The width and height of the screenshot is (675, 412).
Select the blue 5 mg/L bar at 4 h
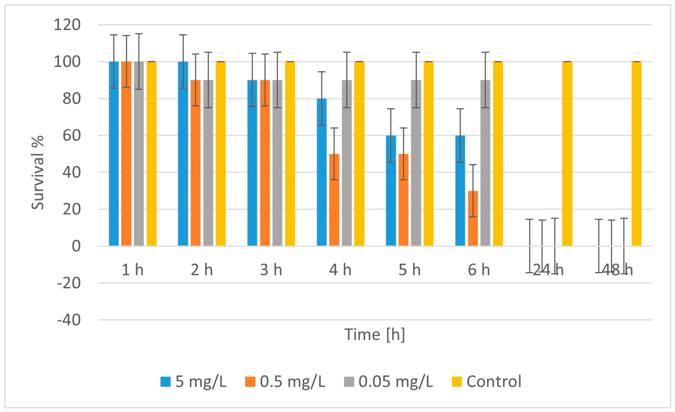coord(322,172)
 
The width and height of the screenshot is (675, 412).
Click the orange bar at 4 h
coord(334,200)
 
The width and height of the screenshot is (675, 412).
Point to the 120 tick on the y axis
coord(67,25)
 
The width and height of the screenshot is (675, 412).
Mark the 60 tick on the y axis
coord(72,135)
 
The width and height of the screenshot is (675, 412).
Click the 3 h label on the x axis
coord(271,270)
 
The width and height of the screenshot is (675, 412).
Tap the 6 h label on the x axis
coord(479,270)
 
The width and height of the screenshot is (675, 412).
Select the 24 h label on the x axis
coord(548,270)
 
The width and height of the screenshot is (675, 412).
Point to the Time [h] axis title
coord(374,335)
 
